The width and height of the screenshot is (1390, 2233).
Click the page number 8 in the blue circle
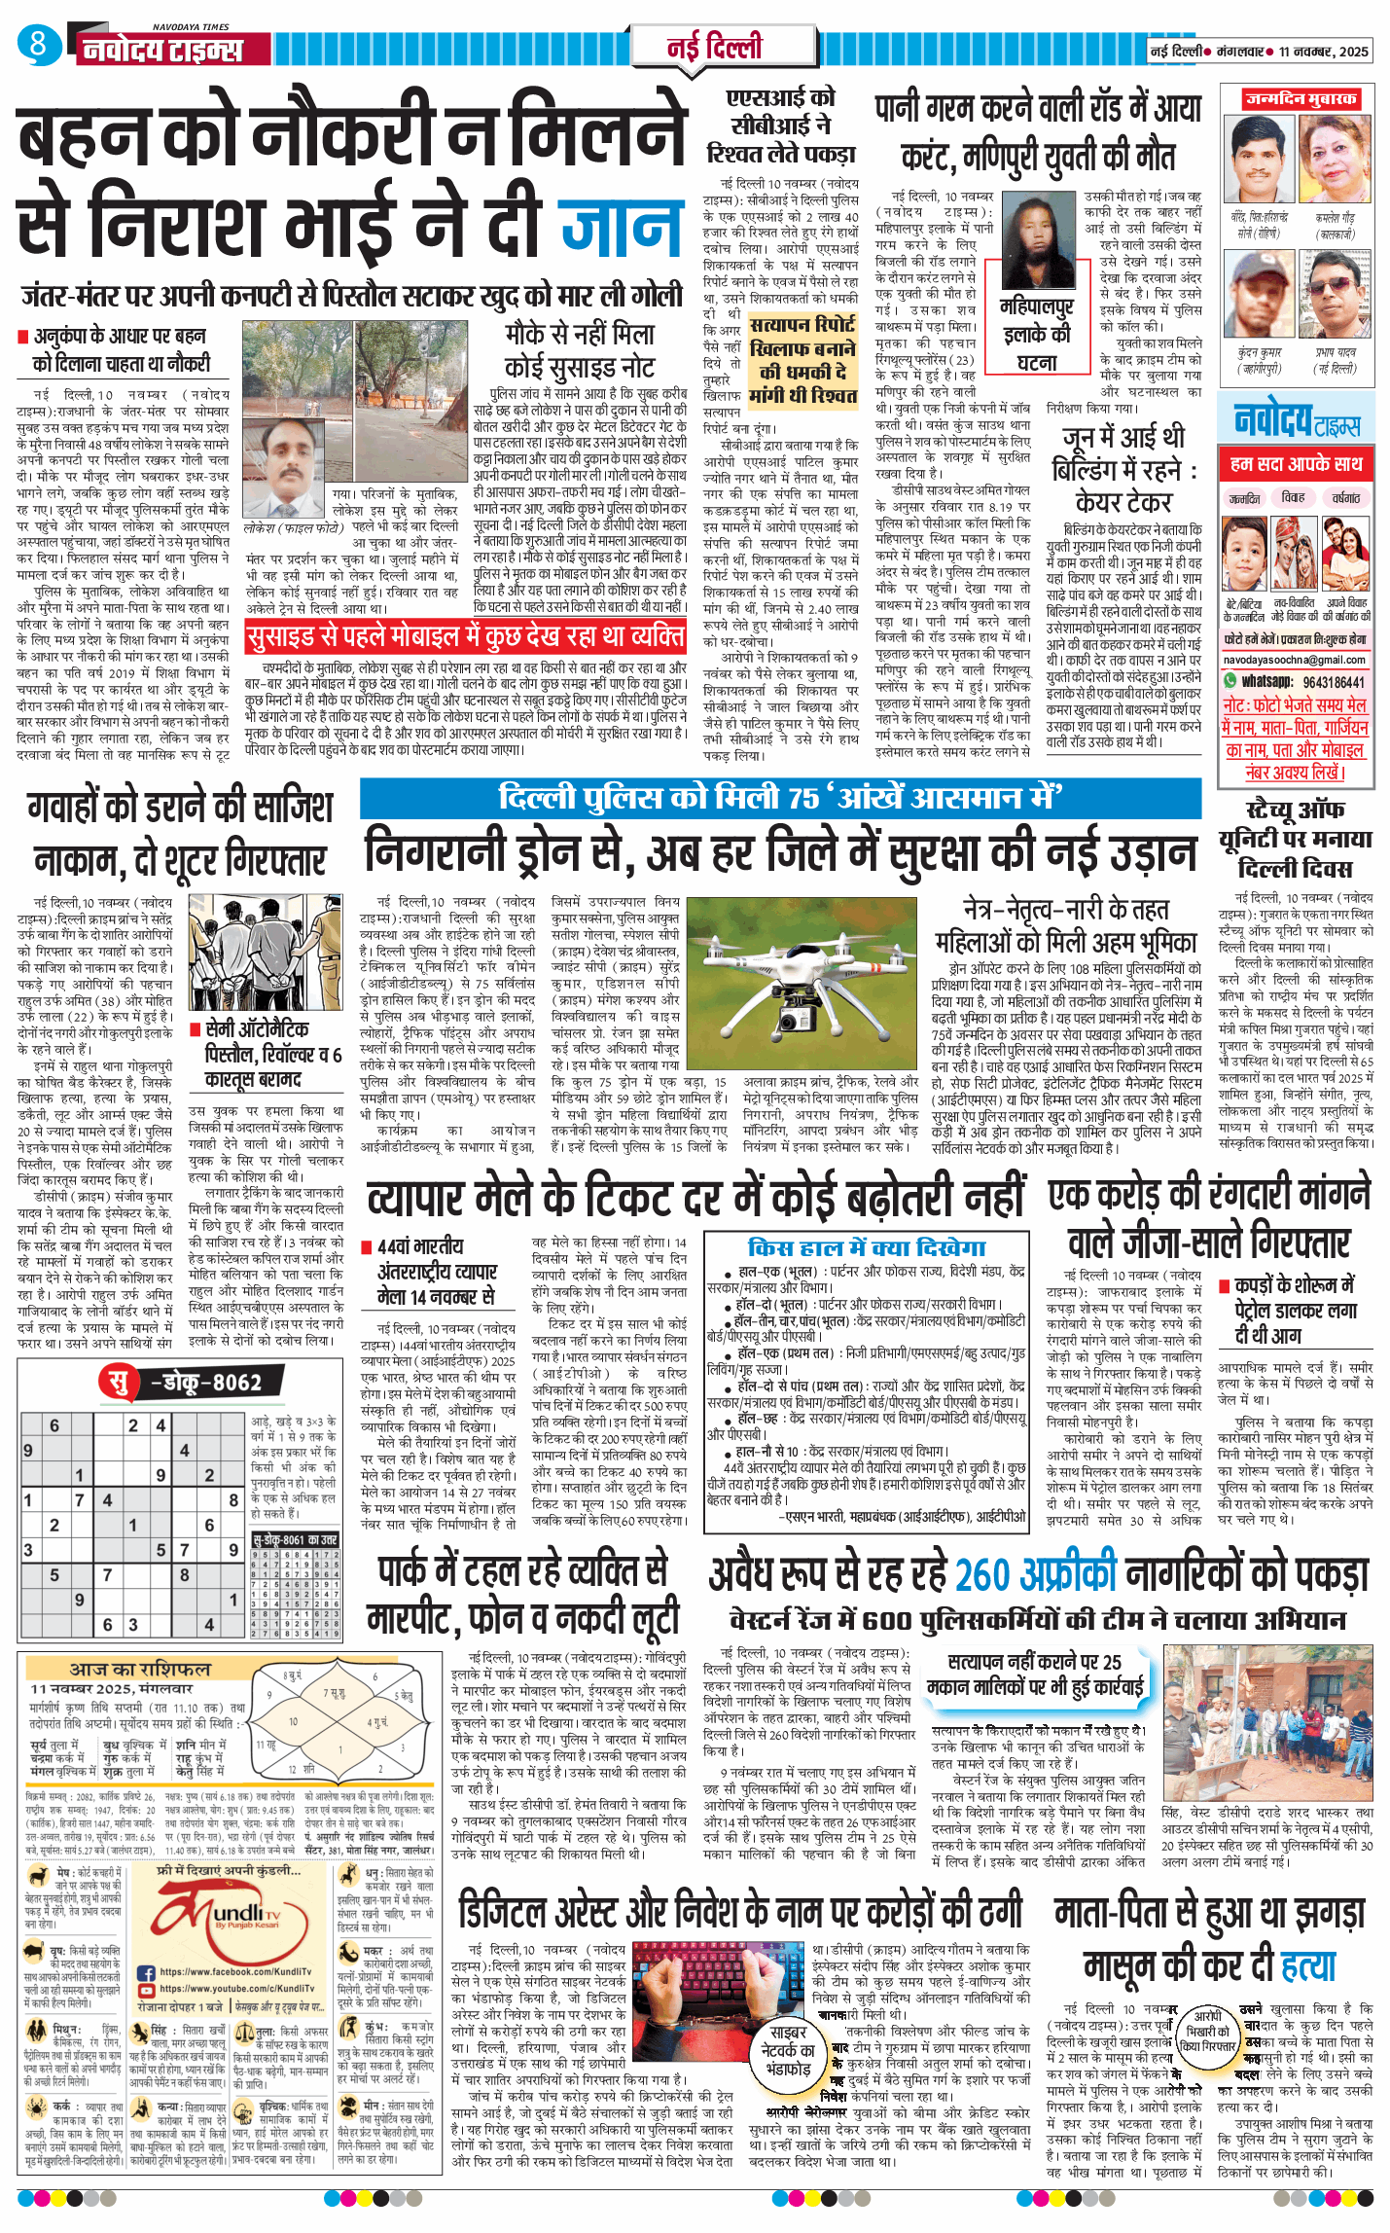coord(38,44)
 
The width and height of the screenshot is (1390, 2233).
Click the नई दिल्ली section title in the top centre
coord(714,47)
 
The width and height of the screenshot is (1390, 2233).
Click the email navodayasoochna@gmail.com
coord(1297,660)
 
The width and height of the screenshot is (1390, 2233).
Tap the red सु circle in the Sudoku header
coord(118,1382)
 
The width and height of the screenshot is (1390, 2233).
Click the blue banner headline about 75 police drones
coord(779,798)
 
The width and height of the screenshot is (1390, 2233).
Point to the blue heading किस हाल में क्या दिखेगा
coord(867,1248)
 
